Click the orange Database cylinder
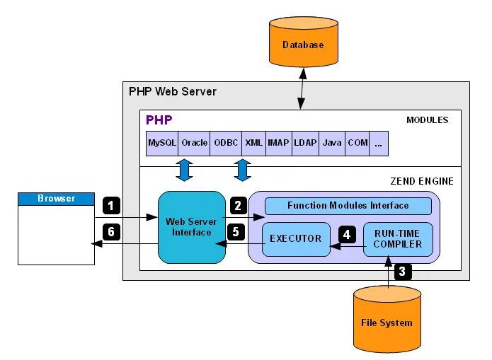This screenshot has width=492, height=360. click(302, 45)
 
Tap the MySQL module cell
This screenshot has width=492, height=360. click(162, 143)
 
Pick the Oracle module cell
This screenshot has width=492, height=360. click(195, 143)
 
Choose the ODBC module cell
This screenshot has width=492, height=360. click(227, 143)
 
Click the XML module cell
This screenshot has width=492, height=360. click(253, 143)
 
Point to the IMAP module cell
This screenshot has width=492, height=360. click(278, 143)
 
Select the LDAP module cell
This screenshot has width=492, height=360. click(305, 143)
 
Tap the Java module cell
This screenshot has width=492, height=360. click(332, 143)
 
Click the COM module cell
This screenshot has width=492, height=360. click(357, 143)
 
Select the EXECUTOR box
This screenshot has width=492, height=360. click(295, 239)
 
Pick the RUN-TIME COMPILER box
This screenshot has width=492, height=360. click(398, 239)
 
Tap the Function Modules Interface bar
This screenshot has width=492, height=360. click(348, 206)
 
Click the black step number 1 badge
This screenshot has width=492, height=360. click(111, 206)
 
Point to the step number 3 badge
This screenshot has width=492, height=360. click(402, 271)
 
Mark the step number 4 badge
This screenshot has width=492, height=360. click(346, 233)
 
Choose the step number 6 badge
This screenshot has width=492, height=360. click(111, 231)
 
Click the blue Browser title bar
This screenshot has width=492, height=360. click(56, 199)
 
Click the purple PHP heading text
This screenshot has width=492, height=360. click(159, 120)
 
